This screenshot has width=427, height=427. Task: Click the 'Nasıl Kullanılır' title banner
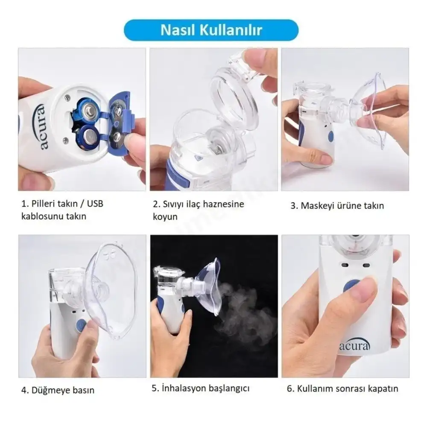[211, 30]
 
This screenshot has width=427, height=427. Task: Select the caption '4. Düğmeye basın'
[58, 390]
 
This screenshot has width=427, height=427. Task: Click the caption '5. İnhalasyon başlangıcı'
[200, 388]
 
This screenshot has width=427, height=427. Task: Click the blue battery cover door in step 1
[117, 126]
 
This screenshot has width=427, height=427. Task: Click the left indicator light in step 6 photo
[345, 266]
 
